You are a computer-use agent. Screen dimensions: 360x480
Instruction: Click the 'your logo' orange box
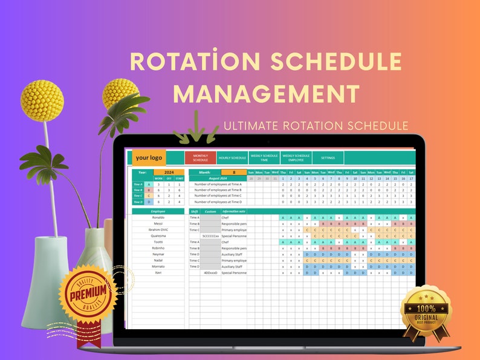(149, 158)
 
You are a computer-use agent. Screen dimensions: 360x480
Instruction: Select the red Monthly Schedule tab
(200, 158)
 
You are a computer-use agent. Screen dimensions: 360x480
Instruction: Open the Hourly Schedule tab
(232, 158)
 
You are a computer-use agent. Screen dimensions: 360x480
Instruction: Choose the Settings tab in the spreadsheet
(328, 158)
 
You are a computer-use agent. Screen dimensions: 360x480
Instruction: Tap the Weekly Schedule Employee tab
(296, 158)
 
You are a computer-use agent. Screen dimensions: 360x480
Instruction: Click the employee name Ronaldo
(158, 217)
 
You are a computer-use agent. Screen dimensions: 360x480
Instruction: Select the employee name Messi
(158, 223)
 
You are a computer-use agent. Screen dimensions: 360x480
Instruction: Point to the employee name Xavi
(158, 272)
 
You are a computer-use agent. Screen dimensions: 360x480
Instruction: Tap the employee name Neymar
(158, 254)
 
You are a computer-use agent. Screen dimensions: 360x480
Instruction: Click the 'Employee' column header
(158, 211)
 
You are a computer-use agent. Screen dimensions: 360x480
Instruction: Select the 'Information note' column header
(234, 211)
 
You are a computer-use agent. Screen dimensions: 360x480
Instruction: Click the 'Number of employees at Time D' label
(218, 202)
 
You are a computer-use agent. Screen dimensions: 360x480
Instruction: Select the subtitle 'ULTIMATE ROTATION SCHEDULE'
(316, 126)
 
